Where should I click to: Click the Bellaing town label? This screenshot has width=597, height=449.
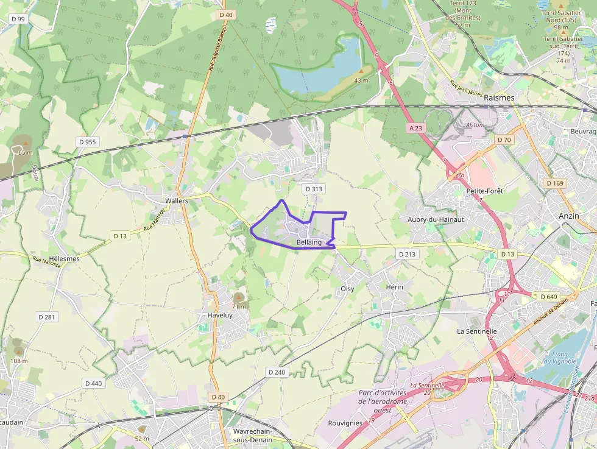(309, 242)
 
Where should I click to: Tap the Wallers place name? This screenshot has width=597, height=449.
(177, 200)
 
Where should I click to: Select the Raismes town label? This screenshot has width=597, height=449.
(499, 97)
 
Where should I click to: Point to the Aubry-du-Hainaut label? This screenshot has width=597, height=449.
(436, 219)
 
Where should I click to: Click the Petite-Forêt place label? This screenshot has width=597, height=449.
(484, 191)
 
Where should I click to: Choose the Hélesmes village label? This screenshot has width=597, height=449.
(65, 258)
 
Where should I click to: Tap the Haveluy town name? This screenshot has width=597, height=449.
(221, 316)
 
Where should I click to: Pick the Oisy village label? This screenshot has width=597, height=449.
(347, 289)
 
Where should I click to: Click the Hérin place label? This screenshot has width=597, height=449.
(395, 286)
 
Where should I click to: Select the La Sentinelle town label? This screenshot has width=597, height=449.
(477, 331)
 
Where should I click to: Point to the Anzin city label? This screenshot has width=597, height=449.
(569, 216)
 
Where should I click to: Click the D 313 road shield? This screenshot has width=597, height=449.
(313, 189)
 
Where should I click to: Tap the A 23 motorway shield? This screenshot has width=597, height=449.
(415, 128)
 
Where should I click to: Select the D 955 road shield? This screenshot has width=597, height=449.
(87, 142)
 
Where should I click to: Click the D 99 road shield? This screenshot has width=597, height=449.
(18, 19)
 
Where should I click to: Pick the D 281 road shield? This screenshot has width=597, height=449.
(46, 317)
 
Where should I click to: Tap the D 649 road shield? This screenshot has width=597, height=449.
(548, 297)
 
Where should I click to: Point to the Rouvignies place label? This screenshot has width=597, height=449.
(345, 423)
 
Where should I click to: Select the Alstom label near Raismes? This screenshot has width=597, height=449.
(475, 125)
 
